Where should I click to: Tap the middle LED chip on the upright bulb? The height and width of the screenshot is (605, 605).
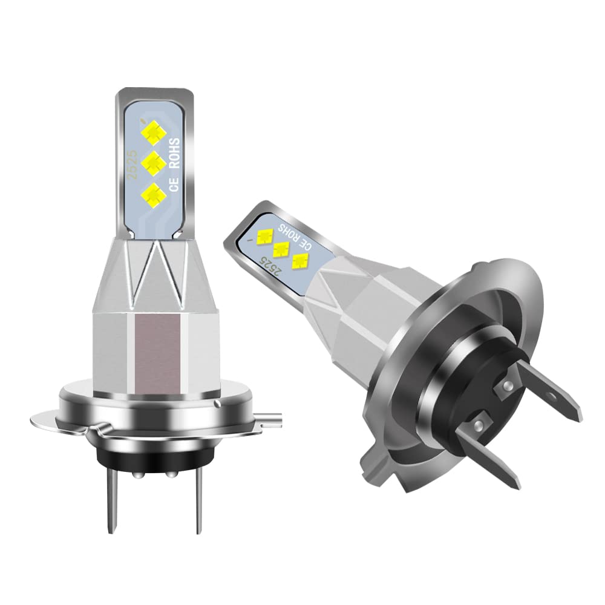[155, 162]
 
